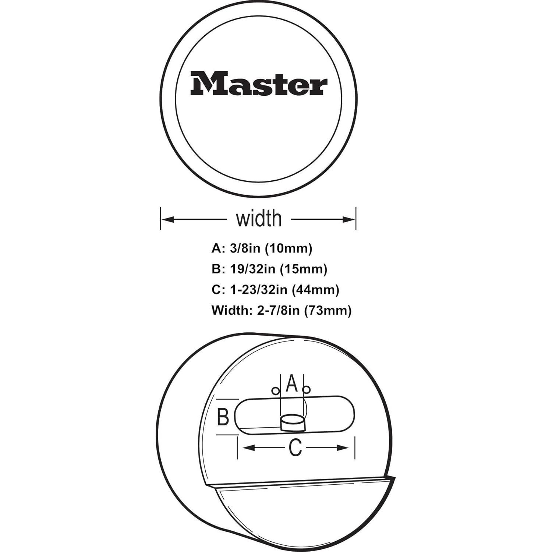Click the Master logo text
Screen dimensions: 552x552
(259, 84)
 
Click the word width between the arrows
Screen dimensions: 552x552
(259, 219)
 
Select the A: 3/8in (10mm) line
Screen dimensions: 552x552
(262, 248)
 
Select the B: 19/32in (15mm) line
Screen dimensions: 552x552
(269, 269)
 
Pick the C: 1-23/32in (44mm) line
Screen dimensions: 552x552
(275, 290)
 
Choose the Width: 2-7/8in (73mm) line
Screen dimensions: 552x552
(282, 311)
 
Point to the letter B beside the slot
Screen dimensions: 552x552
(223, 417)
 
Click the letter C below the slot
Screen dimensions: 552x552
(295, 448)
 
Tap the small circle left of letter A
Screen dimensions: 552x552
(275, 391)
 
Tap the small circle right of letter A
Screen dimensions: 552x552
(307, 390)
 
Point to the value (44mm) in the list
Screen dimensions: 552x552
(315, 290)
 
